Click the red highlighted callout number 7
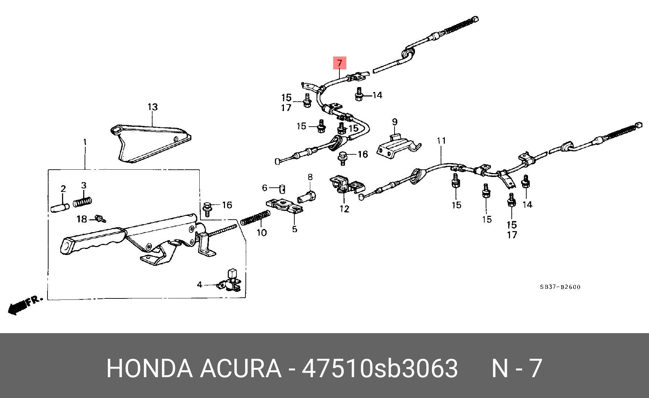pyautogui.click(x=339, y=63)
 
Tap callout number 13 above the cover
pyautogui.click(x=153, y=107)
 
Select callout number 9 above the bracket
pyautogui.click(x=395, y=122)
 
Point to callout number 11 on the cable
pyautogui.click(x=441, y=141)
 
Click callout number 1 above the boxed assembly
pyautogui.click(x=85, y=142)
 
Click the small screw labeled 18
pyautogui.click(x=101, y=219)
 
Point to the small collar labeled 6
pyautogui.click(x=282, y=189)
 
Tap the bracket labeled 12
pyautogui.click(x=345, y=185)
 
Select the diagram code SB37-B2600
pyautogui.click(x=560, y=287)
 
